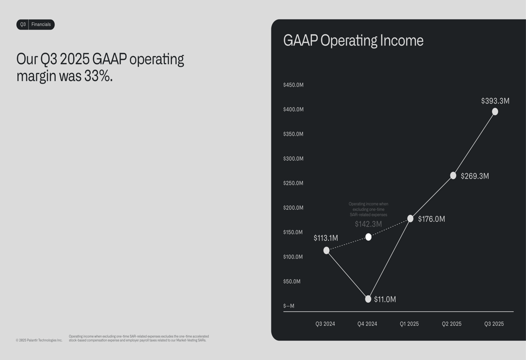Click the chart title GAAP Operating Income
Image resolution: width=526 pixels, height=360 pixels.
coord(353,41)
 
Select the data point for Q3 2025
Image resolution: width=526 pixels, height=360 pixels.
coord(495,111)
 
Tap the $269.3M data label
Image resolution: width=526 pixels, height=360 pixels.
coord(474,176)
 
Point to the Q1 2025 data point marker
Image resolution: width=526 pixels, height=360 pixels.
coord(410,219)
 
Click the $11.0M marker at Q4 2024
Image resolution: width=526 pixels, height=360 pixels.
coord(368,299)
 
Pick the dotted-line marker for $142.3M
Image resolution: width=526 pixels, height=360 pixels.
coord(368,237)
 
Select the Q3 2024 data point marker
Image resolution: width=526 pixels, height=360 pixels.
coord(327,250)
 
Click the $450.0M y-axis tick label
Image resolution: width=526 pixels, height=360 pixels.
coord(293,85)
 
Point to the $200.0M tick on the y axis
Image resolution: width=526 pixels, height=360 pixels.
coord(293,208)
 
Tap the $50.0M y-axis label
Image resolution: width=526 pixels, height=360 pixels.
coord(292,282)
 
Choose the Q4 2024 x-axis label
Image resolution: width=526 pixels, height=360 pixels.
coord(367,324)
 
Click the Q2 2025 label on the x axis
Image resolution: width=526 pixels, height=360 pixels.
coord(451,324)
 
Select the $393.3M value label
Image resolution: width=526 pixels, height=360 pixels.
coord(495,101)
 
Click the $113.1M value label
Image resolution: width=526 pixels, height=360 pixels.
coord(326,238)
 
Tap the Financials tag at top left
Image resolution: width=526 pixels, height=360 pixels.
coord(41,25)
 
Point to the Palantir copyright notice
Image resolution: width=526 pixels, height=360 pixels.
coord(39,340)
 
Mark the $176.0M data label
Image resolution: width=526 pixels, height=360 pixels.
coord(431,219)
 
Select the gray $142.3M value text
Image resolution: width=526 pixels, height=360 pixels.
coord(368,224)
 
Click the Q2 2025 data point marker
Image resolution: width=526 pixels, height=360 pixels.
coord(453,176)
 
